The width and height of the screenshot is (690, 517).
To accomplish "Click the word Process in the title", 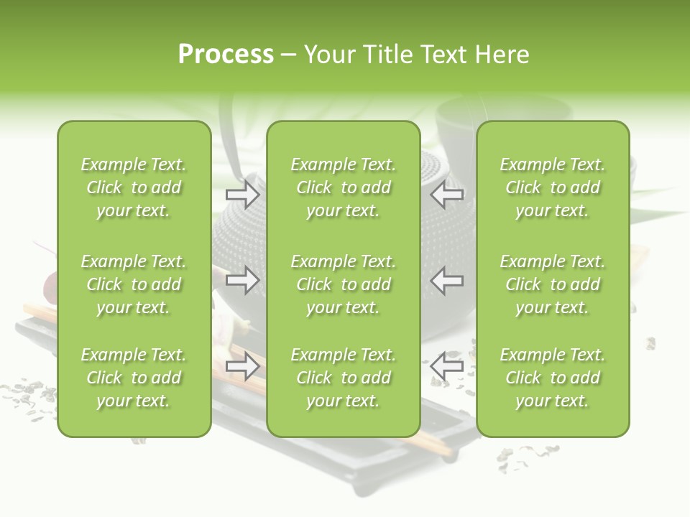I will tap(226, 55).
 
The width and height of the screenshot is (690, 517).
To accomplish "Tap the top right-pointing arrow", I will tap(243, 195).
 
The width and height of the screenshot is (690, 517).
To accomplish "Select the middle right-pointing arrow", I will tap(243, 280).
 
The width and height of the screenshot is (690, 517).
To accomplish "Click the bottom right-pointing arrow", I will tap(243, 366).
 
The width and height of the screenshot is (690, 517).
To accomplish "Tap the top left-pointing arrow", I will tap(447, 195).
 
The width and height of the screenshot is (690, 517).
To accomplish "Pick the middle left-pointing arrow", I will tap(447, 280).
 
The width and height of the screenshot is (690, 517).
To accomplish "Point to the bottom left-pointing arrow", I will tap(447, 366).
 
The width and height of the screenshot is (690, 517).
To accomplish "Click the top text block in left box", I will tap(134, 187).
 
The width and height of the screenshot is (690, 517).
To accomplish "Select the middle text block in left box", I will tap(134, 284).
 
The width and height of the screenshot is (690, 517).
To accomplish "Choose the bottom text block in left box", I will tap(134, 378).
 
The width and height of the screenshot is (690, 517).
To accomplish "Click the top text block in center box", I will tap(344, 187).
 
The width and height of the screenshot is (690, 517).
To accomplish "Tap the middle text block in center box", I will tap(344, 284).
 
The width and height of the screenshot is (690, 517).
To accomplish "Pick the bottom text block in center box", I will tap(344, 378).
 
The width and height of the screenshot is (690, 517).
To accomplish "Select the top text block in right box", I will tap(553, 187).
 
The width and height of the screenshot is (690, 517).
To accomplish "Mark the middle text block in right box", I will tap(553, 284).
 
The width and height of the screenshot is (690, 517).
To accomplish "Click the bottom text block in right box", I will tap(553, 378).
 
